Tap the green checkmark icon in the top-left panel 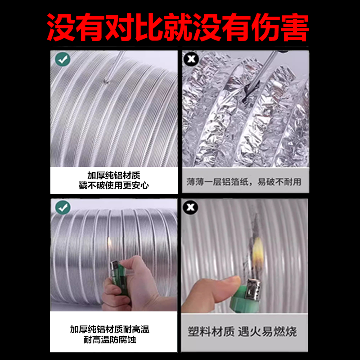(63, 59)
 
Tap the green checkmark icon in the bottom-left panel (63, 207)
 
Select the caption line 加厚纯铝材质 (114, 175)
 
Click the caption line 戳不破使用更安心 (114, 185)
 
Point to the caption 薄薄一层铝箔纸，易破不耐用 (244, 182)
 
